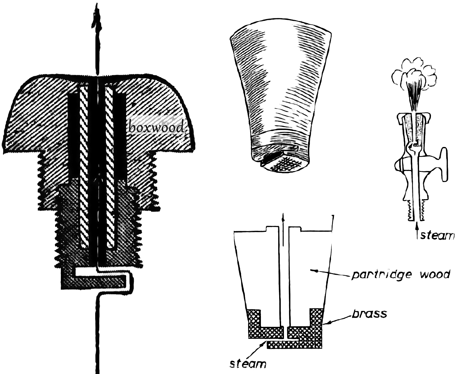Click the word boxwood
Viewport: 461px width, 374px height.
coord(156,127)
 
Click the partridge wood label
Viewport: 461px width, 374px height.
coord(400,275)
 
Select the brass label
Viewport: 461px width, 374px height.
coord(369,313)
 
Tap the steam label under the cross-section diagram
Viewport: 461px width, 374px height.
coord(248,364)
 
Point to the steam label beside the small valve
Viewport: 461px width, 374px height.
coord(437,235)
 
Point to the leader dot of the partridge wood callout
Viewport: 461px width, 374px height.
coord(317,271)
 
